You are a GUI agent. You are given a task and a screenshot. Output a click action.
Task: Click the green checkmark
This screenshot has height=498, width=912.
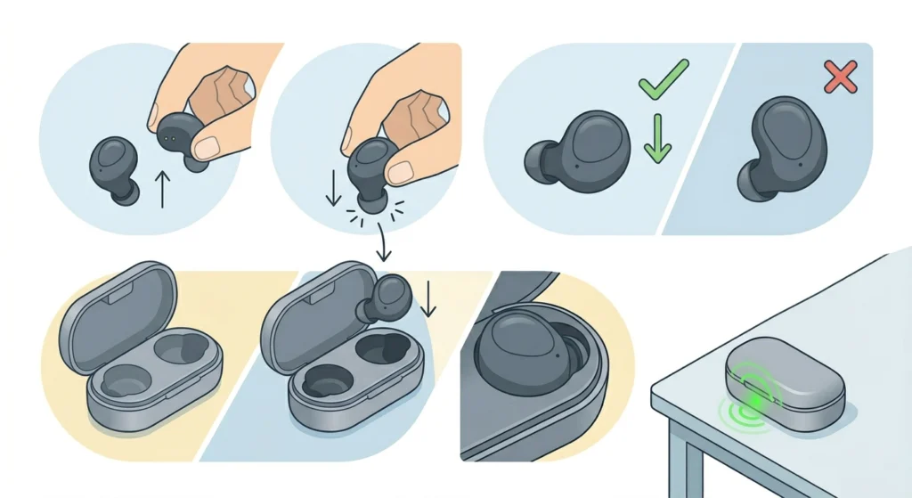(x=663, y=78)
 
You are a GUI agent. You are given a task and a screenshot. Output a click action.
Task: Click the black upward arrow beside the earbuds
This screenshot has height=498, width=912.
(x=161, y=190)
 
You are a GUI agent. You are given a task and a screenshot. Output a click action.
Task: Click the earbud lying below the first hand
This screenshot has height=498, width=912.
(x=114, y=168)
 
